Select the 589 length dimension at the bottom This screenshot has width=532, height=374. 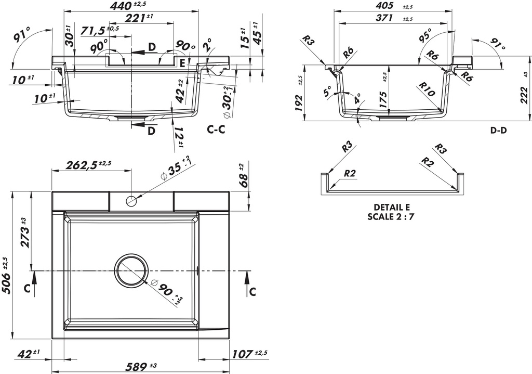130,367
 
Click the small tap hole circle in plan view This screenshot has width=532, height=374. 131,200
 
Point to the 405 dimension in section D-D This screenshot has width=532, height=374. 386,6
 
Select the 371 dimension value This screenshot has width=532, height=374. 386,18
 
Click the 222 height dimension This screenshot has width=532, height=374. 522,95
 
